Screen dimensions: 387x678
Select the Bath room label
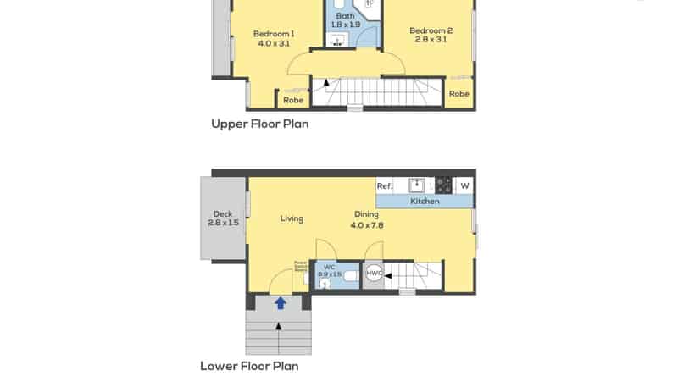coord(345,16)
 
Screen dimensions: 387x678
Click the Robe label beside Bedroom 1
coord(293,100)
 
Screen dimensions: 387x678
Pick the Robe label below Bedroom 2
coord(459,94)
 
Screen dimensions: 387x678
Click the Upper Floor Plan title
coord(259,124)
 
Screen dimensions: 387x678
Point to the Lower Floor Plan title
coord(249,367)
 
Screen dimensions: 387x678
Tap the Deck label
coord(223,214)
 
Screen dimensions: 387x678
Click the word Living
coord(292,218)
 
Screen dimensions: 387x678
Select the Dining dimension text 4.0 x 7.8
coord(367,225)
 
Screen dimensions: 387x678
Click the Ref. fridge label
coord(384,185)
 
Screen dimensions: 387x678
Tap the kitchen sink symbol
coord(417,185)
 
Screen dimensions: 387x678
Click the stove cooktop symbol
coord(443,185)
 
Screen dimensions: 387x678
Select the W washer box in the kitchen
coord(464,185)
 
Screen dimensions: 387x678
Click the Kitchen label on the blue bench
coord(425,202)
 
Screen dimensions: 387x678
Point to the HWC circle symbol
coord(374,273)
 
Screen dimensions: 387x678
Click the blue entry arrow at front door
coord(280,301)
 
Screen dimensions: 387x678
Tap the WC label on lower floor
coord(329,268)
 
